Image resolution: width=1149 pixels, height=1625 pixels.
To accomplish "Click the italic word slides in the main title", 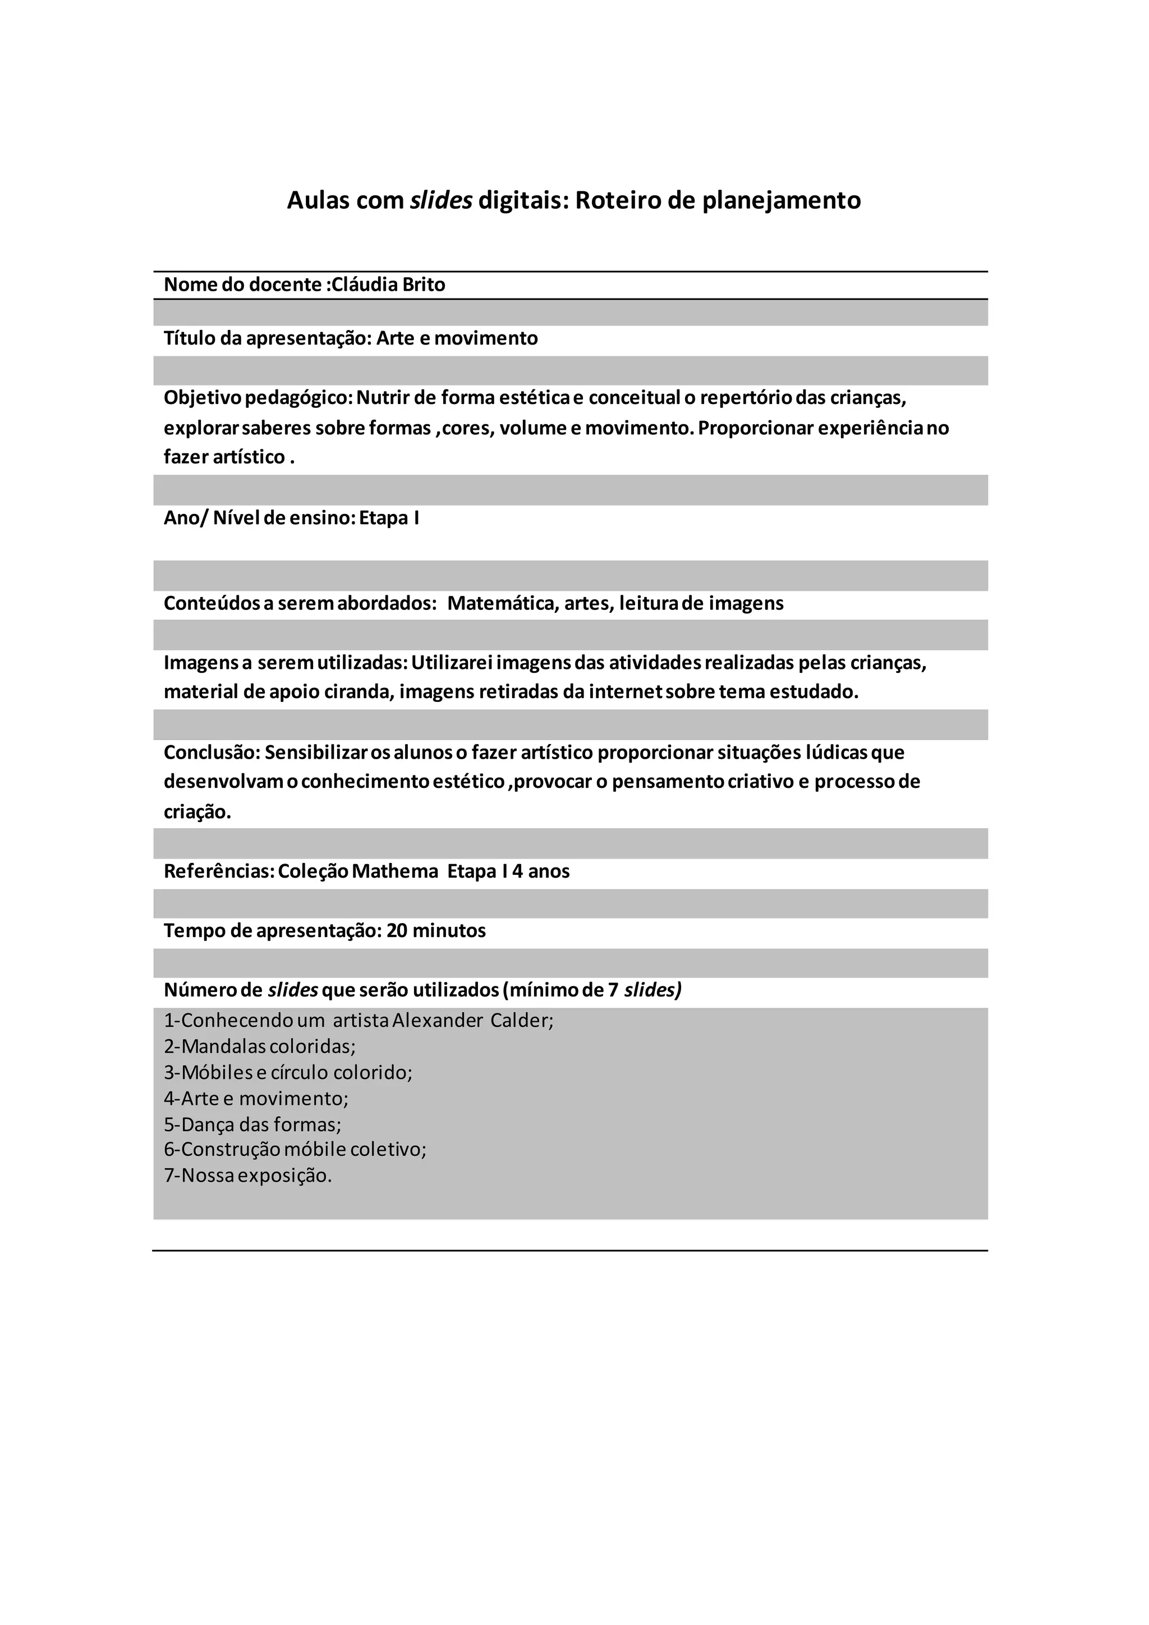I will pos(441,200).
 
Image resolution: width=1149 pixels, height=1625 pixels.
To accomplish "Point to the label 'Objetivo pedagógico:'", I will pos(258,398).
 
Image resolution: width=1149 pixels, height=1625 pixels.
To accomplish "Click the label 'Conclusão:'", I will pos(212,752).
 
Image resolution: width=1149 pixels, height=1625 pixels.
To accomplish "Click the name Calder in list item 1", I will pos(521,1020).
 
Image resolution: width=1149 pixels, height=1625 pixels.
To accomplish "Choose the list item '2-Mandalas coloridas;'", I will pos(260,1046).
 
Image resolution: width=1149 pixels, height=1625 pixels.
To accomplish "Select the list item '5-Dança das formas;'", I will pos(252,1124).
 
